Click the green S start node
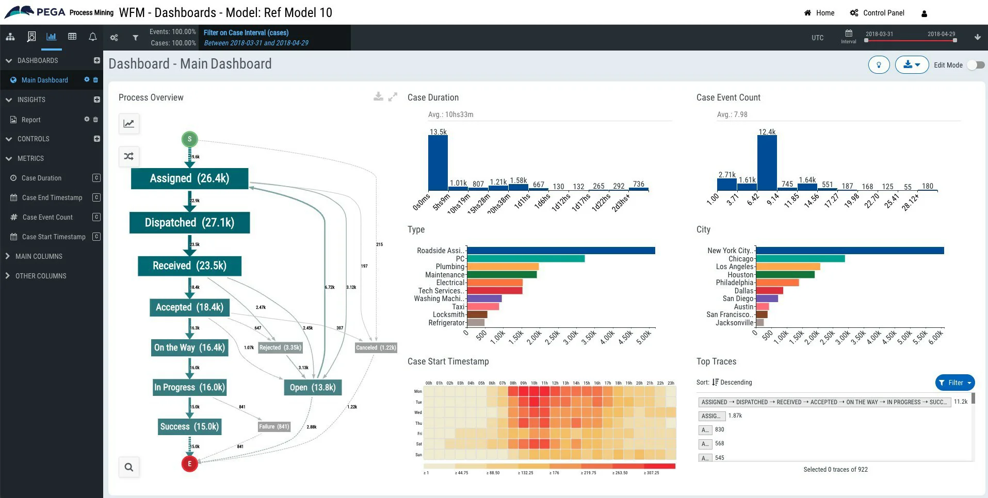click(x=189, y=139)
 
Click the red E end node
click(x=189, y=463)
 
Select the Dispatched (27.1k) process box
click(x=189, y=223)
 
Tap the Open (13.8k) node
click(x=312, y=387)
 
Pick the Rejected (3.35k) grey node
click(x=280, y=347)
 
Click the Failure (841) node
click(x=274, y=426)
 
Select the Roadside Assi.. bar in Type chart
click(x=560, y=251)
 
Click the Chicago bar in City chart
click(x=800, y=259)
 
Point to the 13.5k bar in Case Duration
click(x=438, y=162)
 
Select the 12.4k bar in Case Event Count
click(x=767, y=162)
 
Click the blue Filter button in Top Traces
click(x=954, y=383)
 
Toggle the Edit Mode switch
click(x=976, y=65)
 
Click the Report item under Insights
click(x=31, y=120)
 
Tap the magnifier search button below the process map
click(x=129, y=467)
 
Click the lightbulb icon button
click(x=879, y=65)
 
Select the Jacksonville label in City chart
click(x=734, y=323)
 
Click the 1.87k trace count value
click(x=735, y=416)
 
